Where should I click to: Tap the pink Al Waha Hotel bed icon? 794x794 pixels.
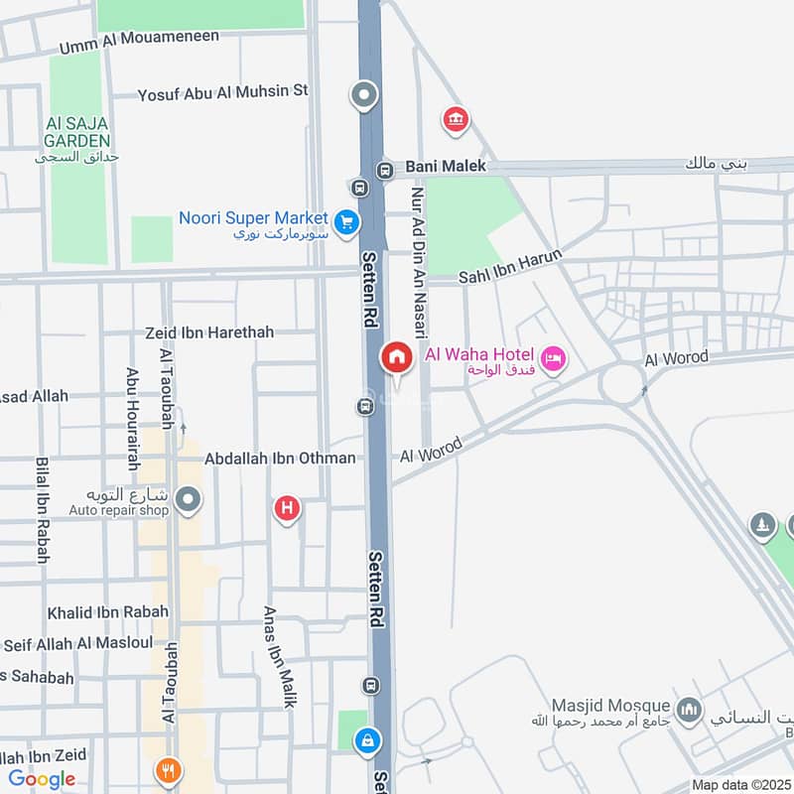(x=554, y=358)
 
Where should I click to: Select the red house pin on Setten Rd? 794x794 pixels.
(x=397, y=358)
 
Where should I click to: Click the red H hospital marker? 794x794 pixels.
(x=287, y=509)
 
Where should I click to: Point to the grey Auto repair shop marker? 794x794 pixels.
(x=187, y=499)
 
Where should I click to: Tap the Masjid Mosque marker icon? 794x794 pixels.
(x=689, y=710)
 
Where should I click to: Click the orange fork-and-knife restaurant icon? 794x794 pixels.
(x=168, y=769)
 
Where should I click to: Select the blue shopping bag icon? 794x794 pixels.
(x=368, y=740)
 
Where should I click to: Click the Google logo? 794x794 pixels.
(x=42, y=779)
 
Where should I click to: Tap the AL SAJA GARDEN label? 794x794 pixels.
(x=77, y=133)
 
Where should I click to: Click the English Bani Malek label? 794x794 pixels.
(x=447, y=166)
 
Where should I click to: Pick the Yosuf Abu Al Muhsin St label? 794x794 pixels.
(x=223, y=91)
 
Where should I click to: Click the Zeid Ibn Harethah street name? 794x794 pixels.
(x=208, y=332)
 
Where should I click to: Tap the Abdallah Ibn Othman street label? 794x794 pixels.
(x=280, y=459)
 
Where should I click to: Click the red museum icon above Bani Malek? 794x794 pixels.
(x=455, y=120)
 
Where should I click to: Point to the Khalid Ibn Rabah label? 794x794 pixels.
(x=108, y=611)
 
